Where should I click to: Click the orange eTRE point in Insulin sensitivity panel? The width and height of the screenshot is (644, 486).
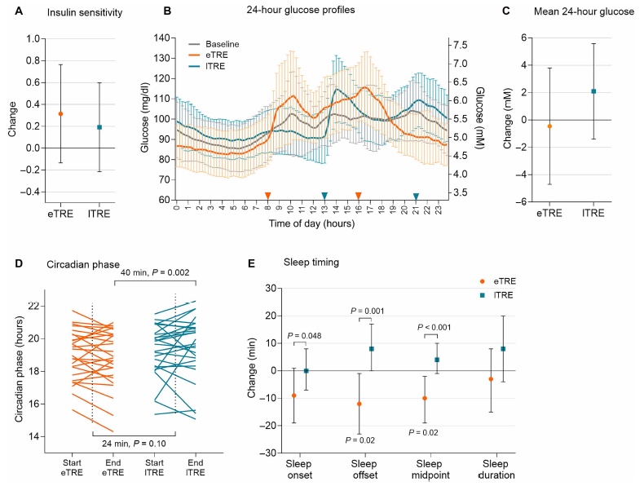[x=60, y=113]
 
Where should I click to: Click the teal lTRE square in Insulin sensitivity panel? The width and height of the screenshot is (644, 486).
[x=99, y=127]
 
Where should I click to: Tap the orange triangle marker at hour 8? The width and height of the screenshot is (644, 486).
[x=267, y=196]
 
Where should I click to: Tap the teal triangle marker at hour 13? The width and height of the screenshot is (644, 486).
[x=324, y=196]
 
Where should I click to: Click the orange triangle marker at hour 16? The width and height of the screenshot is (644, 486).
[x=358, y=196]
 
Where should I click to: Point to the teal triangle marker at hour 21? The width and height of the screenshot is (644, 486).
[x=416, y=196]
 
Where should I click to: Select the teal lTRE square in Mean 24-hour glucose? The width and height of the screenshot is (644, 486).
[x=593, y=91]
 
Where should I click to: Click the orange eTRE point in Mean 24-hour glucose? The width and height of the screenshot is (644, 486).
[x=549, y=126]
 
